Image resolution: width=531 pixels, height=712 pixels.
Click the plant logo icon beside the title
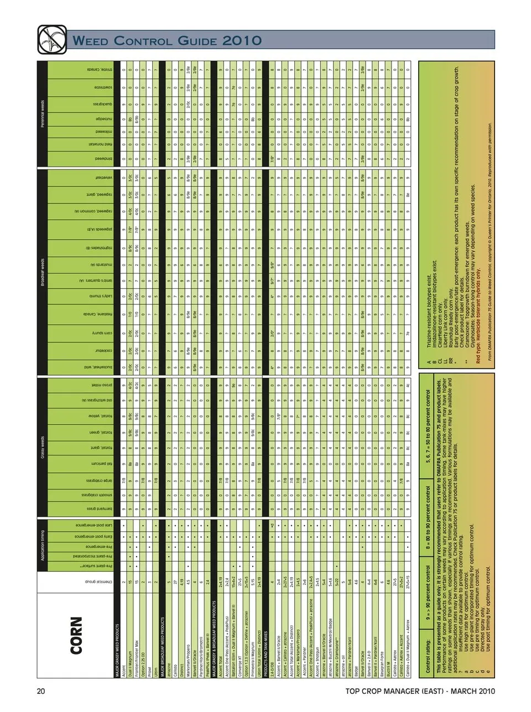tap(51, 39)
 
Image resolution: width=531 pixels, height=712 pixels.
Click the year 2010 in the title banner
tap(242, 40)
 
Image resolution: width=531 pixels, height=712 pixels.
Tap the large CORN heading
tap(76, 635)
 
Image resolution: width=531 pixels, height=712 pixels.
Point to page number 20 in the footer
tap(40, 691)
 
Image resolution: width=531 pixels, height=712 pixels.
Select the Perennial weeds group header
tap(42, 113)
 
